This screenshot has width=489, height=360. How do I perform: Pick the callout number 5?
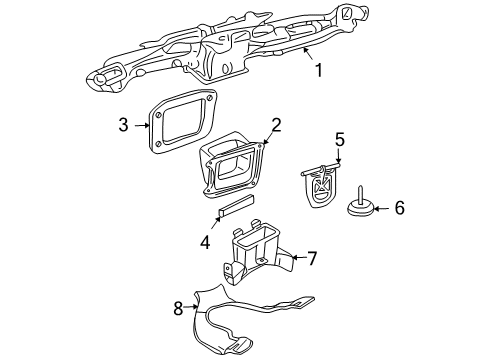click(x=339, y=139)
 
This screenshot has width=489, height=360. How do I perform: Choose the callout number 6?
click(x=399, y=208)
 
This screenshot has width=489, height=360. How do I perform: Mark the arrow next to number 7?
click(x=295, y=258)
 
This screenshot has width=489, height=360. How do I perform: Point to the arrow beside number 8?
click(x=193, y=309)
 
